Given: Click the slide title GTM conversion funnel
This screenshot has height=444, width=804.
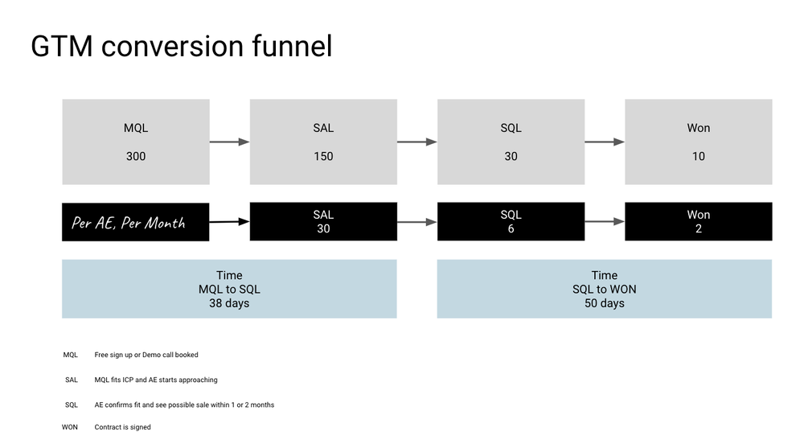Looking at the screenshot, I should [181, 47].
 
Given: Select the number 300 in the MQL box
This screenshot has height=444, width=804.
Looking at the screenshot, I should [136, 156].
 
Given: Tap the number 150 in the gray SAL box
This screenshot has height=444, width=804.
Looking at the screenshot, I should [323, 156].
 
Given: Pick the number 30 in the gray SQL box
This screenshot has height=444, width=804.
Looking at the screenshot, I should [511, 156].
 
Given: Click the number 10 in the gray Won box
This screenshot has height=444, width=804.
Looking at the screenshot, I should [698, 156].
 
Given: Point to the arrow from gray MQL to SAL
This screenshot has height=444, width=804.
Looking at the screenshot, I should [229, 142].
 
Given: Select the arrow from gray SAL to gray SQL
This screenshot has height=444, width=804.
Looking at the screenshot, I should [416, 142].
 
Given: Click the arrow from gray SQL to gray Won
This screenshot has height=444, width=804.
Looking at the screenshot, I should [604, 142].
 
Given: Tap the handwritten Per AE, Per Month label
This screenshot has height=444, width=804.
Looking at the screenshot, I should [129, 223].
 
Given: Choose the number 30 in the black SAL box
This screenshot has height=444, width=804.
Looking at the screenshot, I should [323, 228].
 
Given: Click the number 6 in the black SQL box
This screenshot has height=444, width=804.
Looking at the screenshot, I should [511, 228].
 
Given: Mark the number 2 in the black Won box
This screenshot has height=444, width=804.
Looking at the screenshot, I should [698, 228].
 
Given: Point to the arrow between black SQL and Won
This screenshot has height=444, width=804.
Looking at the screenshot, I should [604, 222].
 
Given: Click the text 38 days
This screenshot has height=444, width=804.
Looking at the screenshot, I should [229, 303].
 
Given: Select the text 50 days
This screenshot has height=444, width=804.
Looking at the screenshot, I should [604, 303].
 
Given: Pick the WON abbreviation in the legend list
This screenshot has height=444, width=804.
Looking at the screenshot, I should [70, 427].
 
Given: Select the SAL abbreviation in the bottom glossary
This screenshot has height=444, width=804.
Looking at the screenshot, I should [72, 380].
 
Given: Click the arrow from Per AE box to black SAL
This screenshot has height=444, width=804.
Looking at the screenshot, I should [229, 221].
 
